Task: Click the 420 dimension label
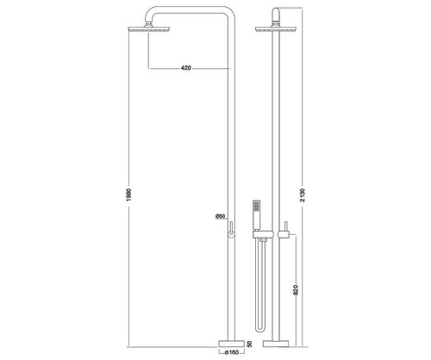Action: (x=186, y=68)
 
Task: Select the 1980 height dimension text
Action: (x=128, y=195)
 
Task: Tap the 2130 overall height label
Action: (x=303, y=196)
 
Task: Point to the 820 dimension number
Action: (x=297, y=290)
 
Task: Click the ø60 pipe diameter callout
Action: (x=220, y=216)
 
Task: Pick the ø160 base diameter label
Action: (x=231, y=352)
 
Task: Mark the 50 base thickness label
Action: (x=249, y=344)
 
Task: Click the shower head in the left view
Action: (x=148, y=29)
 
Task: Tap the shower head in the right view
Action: (x=276, y=29)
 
